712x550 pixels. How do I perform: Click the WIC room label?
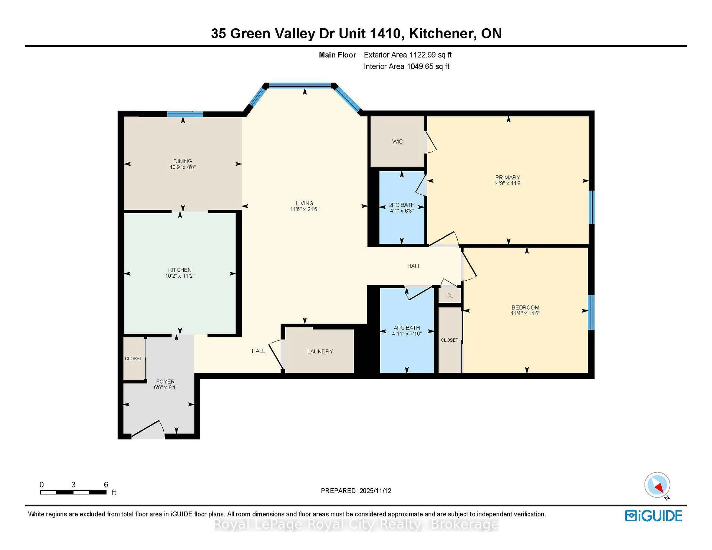397,141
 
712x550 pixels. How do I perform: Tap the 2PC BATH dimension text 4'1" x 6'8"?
402,211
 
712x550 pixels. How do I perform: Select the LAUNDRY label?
320,351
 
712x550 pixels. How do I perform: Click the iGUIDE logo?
653,516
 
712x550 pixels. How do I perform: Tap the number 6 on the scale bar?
106,485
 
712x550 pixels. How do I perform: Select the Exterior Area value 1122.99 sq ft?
430,55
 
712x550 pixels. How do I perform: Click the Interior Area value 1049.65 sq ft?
428,67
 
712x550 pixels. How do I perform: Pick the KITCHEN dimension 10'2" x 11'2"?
180,276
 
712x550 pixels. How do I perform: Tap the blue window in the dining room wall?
185,114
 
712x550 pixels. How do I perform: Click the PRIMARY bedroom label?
508,177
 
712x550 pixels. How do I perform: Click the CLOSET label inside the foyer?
133,358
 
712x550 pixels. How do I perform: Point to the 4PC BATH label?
407,328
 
